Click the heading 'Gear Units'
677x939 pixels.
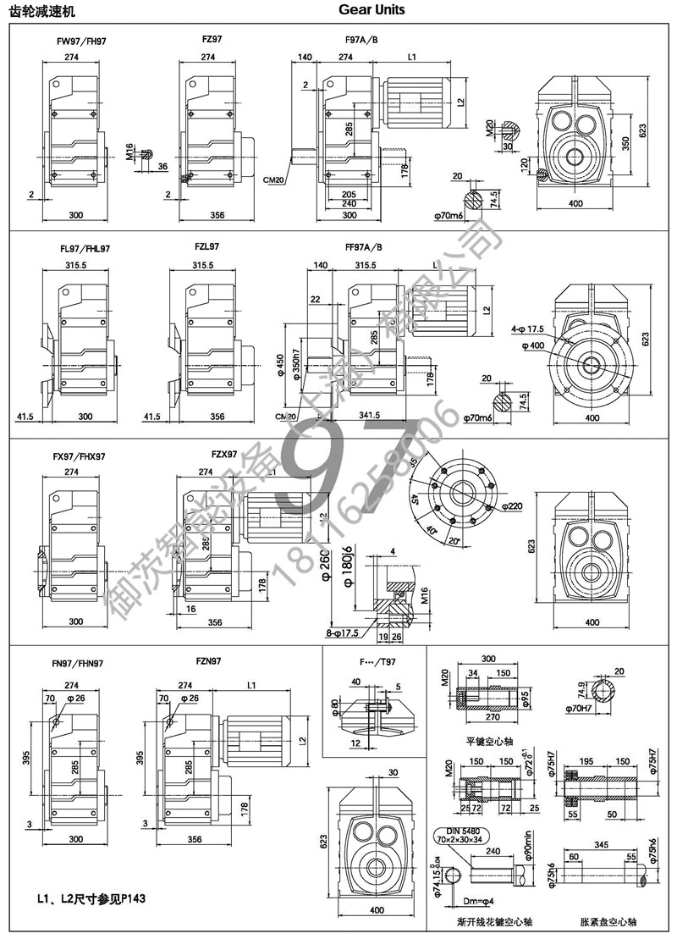point(372,10)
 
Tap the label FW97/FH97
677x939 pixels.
point(80,40)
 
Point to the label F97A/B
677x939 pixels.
point(362,40)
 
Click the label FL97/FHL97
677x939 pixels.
point(85,249)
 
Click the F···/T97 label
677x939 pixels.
point(376,663)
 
